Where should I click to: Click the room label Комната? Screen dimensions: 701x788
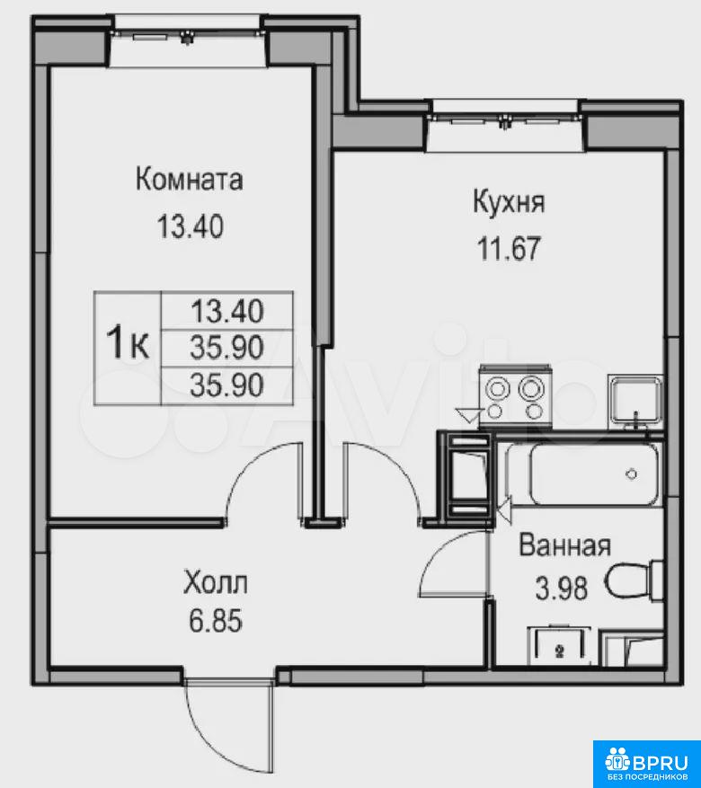[x=190, y=180]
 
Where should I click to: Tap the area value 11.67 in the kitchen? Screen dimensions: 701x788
[x=509, y=248]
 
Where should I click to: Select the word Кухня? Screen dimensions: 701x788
[x=509, y=202]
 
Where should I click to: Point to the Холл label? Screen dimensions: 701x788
[x=216, y=583]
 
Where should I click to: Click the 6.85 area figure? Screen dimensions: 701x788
[x=216, y=621]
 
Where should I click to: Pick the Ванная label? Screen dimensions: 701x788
[x=564, y=545]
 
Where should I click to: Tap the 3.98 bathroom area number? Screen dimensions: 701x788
[x=562, y=588]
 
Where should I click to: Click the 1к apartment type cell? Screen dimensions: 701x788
[x=128, y=348]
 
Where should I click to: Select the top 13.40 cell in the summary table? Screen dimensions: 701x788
[x=227, y=311]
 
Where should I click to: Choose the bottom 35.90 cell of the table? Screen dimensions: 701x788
[x=227, y=386]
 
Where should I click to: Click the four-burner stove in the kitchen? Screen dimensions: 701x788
[x=516, y=396]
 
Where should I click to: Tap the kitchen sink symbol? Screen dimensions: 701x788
[x=634, y=402]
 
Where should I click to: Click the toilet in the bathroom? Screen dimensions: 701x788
[x=634, y=581]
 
